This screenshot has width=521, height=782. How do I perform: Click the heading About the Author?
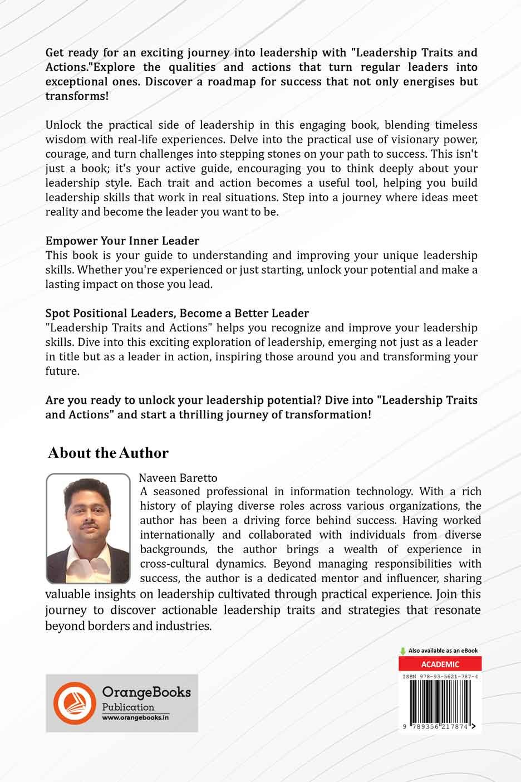coord(108,453)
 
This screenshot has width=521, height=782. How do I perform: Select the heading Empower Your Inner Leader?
coord(122,241)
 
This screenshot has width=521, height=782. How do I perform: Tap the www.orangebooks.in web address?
coord(135,718)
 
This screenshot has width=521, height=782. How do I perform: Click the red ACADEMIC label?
coord(440,664)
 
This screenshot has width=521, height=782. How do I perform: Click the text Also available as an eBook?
coord(443,651)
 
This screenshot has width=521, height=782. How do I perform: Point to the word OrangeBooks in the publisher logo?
coord(146,692)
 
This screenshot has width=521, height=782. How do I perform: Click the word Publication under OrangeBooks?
coord(128,707)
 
